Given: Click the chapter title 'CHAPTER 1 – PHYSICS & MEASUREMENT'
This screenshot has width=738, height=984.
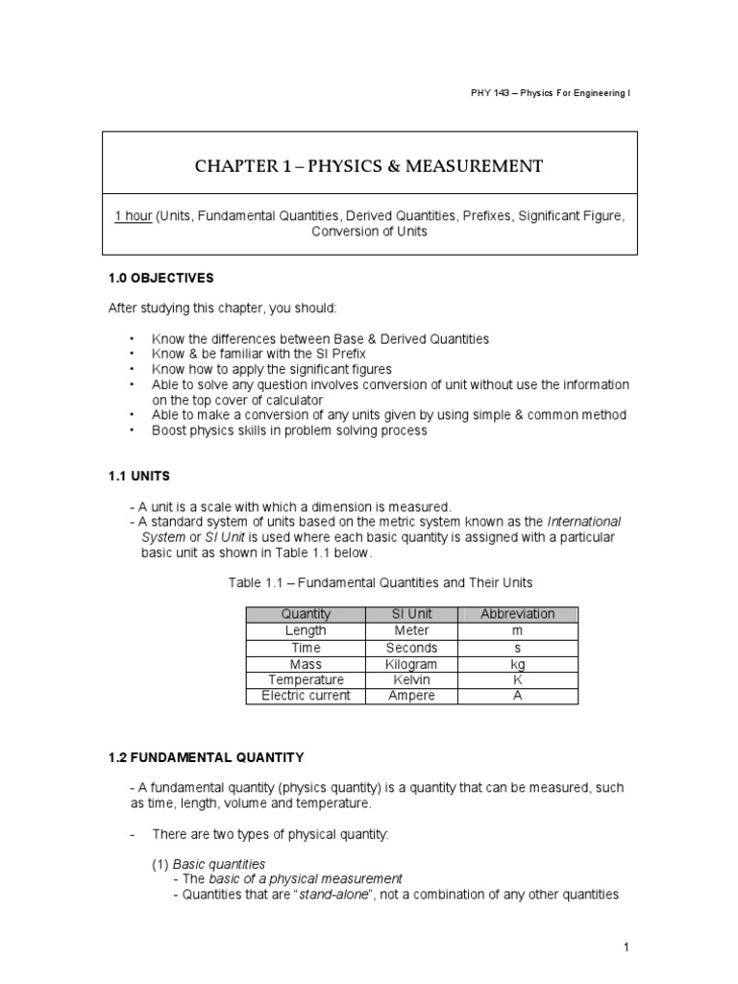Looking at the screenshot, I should pyautogui.click(x=369, y=167).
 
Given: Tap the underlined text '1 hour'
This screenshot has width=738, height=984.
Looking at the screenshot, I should pyautogui.click(x=133, y=216).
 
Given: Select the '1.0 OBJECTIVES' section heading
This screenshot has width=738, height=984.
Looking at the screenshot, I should pyautogui.click(x=160, y=278).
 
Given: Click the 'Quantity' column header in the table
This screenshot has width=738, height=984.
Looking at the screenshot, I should pyautogui.click(x=306, y=614).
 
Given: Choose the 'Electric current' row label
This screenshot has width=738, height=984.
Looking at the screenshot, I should pyautogui.click(x=306, y=696).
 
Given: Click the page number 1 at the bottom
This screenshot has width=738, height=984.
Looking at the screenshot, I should pyautogui.click(x=627, y=947).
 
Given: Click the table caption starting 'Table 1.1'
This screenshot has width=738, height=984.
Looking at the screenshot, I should pyautogui.click(x=380, y=582).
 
